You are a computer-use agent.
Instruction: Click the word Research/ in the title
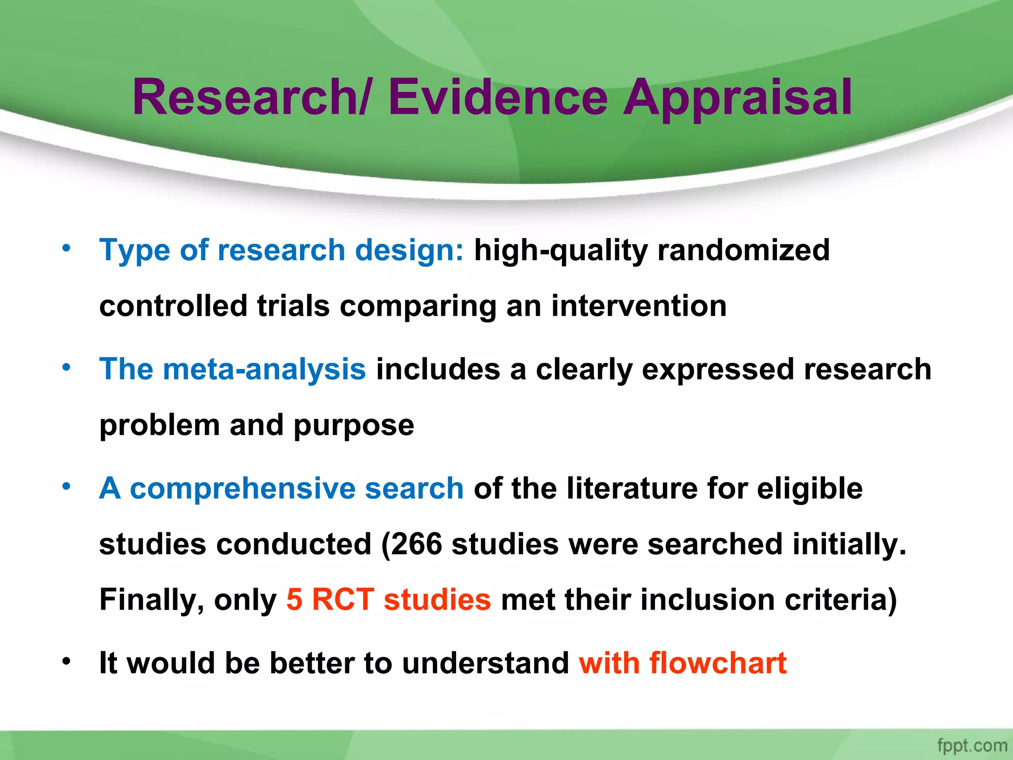point(250,97)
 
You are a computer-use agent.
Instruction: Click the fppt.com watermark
point(971,745)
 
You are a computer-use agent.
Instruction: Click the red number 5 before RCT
point(294,600)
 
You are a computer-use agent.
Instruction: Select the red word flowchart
point(718,663)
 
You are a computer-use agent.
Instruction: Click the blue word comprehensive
point(242,489)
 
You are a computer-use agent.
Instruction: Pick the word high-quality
point(560,250)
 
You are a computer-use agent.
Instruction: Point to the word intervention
point(639,306)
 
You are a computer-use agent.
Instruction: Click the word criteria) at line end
point(841,600)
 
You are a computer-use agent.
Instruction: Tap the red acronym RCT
point(343,600)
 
